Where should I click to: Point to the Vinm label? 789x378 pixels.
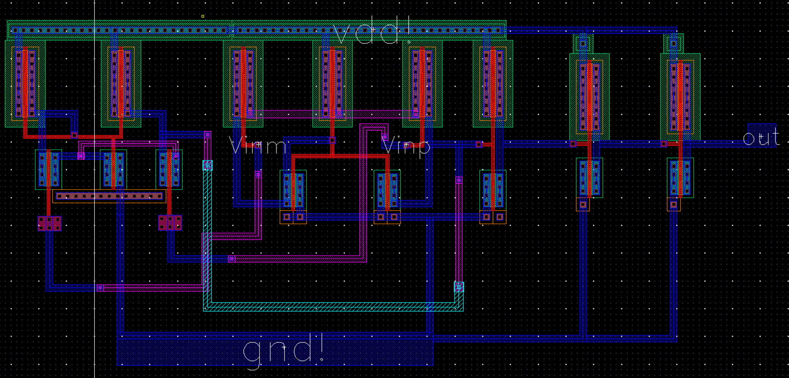(x=258, y=146)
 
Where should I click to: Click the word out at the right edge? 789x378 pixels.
(x=761, y=137)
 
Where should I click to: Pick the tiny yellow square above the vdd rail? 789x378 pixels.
(x=203, y=16)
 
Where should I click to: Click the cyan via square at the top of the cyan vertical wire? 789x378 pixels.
(x=207, y=165)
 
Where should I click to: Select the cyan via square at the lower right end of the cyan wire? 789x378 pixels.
(x=459, y=287)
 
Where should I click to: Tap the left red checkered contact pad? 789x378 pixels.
(x=49, y=223)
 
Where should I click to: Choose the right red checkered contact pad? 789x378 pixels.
(x=170, y=222)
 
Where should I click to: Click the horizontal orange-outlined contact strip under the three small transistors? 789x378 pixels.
(x=109, y=196)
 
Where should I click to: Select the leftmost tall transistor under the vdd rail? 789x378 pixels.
(x=25, y=83)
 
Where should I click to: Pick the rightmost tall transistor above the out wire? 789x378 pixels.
(x=680, y=97)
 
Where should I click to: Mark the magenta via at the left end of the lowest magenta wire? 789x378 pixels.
(x=100, y=288)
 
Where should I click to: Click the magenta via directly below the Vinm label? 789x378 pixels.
(x=258, y=174)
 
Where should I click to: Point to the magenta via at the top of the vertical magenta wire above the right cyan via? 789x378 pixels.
(x=459, y=180)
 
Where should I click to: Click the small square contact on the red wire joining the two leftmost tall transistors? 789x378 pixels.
(x=74, y=135)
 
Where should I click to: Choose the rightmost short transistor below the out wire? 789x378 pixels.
(x=680, y=178)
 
